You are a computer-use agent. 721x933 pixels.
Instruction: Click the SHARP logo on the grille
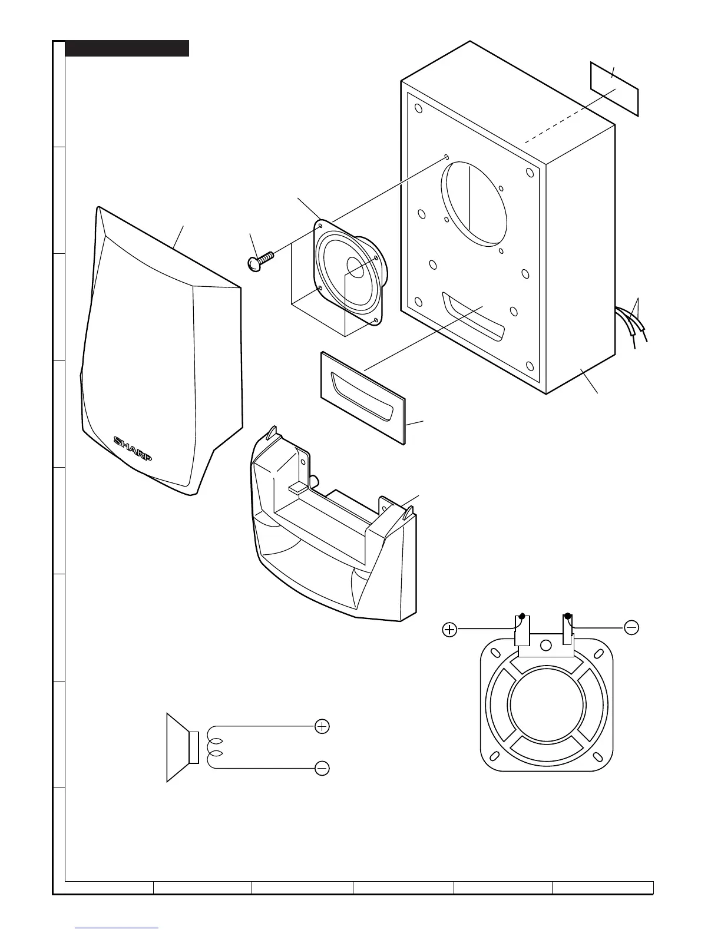click(x=133, y=449)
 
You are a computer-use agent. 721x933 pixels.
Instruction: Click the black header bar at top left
click(x=127, y=48)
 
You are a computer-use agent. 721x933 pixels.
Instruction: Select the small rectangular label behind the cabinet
click(x=614, y=89)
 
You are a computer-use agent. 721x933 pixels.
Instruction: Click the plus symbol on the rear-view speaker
click(x=449, y=630)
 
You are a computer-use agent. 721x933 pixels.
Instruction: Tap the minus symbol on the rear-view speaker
click(x=631, y=628)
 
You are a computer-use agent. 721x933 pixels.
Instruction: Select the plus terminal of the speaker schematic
click(x=322, y=726)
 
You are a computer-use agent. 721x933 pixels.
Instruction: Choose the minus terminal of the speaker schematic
click(x=322, y=768)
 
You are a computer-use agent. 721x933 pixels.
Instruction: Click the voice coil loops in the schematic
click(x=215, y=747)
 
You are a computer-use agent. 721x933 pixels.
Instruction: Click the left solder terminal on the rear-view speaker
click(x=522, y=631)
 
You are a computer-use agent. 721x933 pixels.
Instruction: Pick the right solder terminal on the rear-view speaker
click(x=568, y=631)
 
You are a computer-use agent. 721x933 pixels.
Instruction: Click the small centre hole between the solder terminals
click(x=546, y=645)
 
